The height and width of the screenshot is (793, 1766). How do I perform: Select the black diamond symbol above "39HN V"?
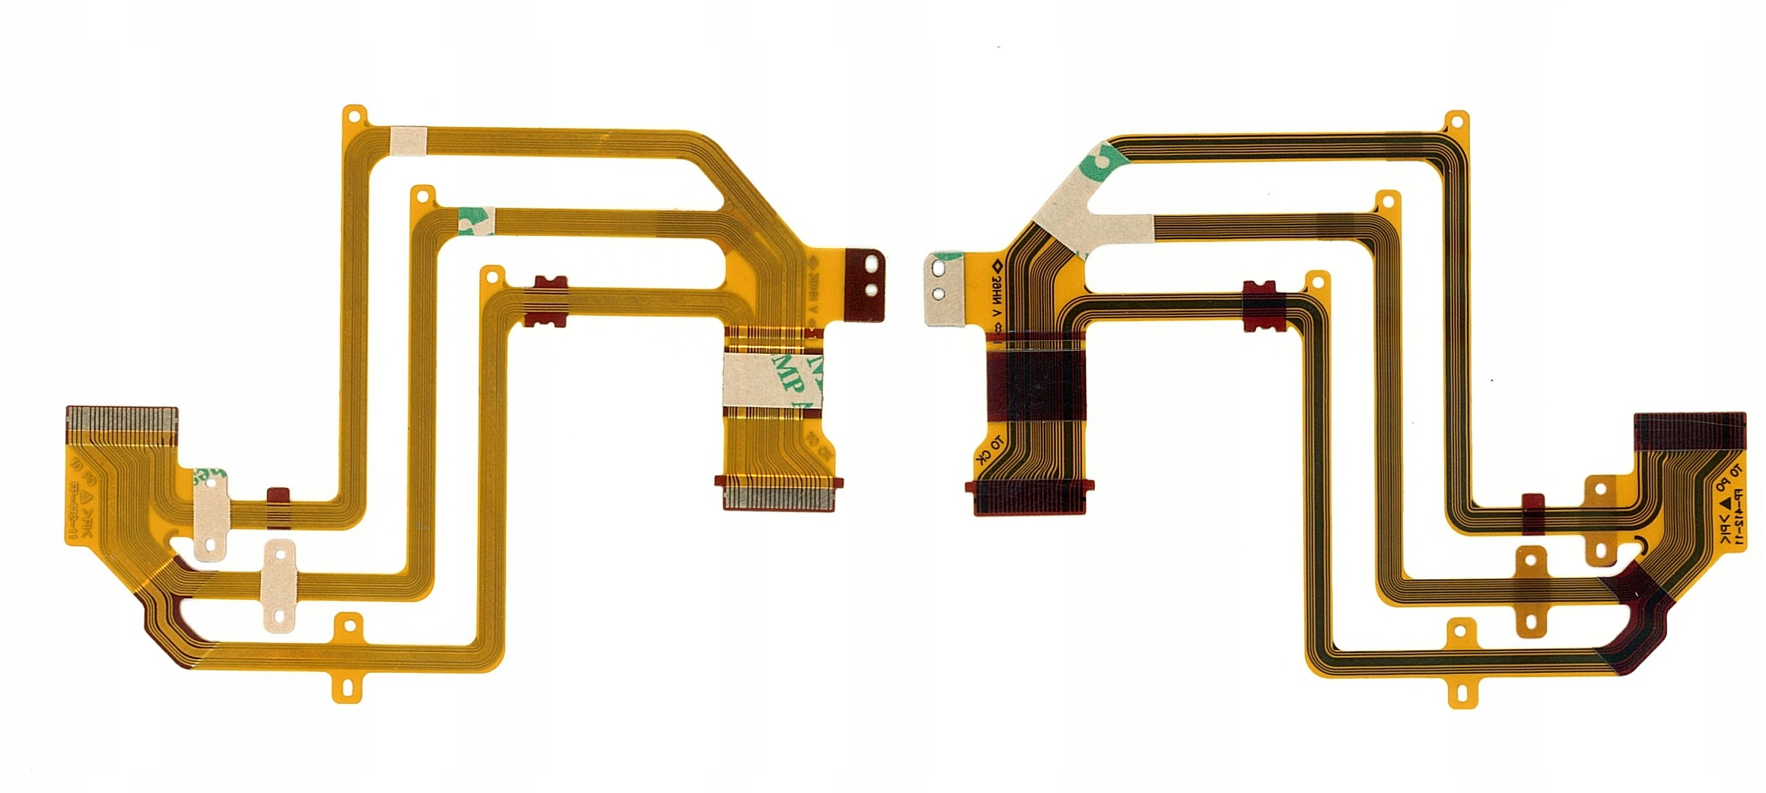tap(997, 266)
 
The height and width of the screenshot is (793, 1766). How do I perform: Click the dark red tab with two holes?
tap(867, 285)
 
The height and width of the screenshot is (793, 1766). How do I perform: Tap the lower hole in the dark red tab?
tap(872, 290)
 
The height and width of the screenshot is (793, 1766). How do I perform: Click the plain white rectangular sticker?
tap(409, 141)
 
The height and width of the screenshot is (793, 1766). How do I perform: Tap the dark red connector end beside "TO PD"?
tap(1689, 431)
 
